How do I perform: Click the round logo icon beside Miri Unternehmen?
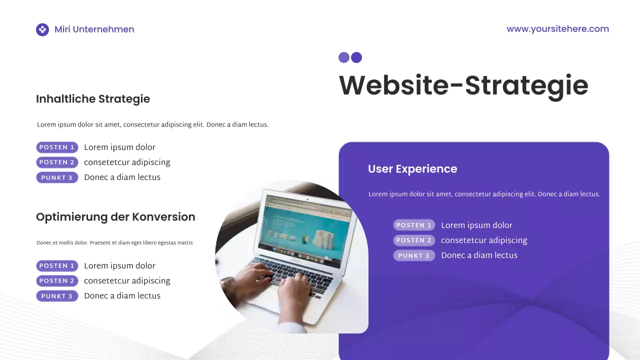click(x=42, y=29)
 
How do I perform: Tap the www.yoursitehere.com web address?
click(x=557, y=29)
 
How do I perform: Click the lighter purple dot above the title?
click(x=343, y=57)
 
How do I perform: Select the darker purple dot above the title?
click(x=356, y=57)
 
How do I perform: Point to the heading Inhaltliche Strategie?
click(x=93, y=99)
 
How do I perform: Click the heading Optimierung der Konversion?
click(x=115, y=217)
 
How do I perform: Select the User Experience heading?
click(x=412, y=169)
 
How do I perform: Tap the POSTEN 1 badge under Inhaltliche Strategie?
click(x=57, y=147)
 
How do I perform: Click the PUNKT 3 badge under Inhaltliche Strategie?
click(x=57, y=177)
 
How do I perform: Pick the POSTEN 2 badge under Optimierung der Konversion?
click(x=57, y=281)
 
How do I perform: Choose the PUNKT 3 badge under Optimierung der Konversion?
click(x=57, y=296)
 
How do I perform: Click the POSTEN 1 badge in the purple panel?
click(x=414, y=225)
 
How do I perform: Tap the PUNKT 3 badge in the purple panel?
click(x=414, y=255)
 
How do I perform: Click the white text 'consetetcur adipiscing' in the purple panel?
click(x=484, y=240)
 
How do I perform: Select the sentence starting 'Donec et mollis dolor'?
click(x=114, y=243)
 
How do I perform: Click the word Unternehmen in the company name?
click(x=103, y=29)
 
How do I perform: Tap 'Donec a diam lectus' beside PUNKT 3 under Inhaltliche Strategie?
click(x=122, y=177)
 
